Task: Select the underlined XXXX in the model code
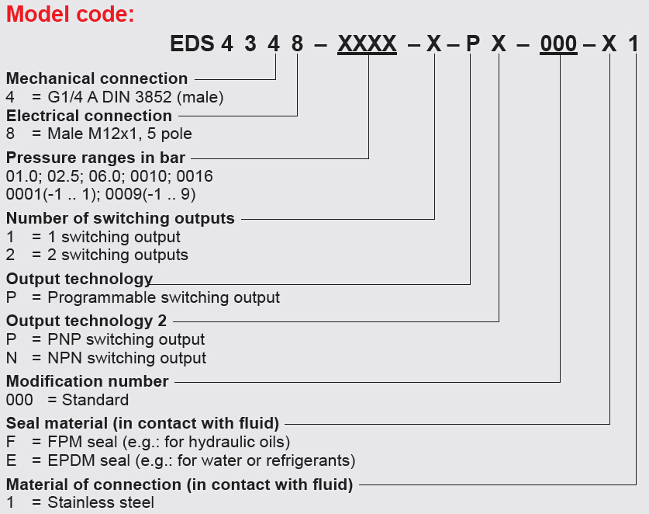point(368,43)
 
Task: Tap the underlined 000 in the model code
point(558,43)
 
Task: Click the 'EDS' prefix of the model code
point(192,43)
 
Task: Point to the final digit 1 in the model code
point(633,43)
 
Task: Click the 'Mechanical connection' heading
point(97,78)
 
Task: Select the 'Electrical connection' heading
point(89,116)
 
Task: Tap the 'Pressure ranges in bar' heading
point(96,158)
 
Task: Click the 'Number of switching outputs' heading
point(120,218)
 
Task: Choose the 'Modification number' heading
point(87,381)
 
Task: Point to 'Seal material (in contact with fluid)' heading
point(143,423)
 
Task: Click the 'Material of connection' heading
point(180,485)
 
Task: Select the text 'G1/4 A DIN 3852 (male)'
point(136,97)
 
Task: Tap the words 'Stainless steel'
point(101,502)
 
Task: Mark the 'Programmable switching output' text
point(164,297)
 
